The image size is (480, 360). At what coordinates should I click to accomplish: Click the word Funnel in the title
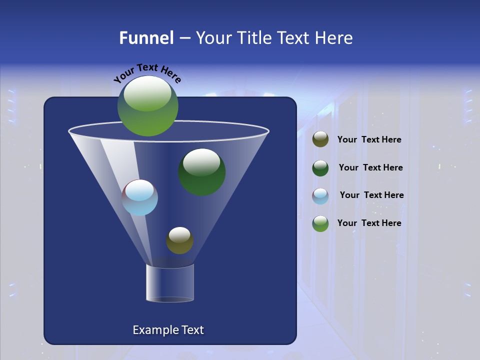(146, 38)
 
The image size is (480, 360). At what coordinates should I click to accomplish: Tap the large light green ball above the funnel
(148, 105)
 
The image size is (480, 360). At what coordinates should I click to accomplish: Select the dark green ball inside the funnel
(201, 172)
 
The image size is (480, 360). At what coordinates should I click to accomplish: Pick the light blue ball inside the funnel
(140, 198)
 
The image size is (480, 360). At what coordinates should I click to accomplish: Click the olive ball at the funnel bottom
(179, 240)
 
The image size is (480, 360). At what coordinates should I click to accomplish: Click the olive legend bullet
(320, 139)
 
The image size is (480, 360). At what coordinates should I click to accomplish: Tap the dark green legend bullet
(320, 168)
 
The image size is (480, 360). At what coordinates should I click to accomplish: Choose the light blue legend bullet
(320, 195)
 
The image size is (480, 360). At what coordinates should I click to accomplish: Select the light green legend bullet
(320, 223)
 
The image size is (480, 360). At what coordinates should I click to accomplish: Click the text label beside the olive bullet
(369, 140)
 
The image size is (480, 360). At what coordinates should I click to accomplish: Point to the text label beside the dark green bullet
(370, 168)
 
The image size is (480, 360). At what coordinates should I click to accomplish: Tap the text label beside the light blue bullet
(371, 195)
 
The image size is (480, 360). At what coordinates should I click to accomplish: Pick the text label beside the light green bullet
(369, 223)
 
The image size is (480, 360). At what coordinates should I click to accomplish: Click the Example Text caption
(168, 330)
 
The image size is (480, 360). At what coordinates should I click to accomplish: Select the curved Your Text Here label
(147, 72)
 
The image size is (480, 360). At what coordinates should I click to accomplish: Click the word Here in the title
(334, 38)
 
